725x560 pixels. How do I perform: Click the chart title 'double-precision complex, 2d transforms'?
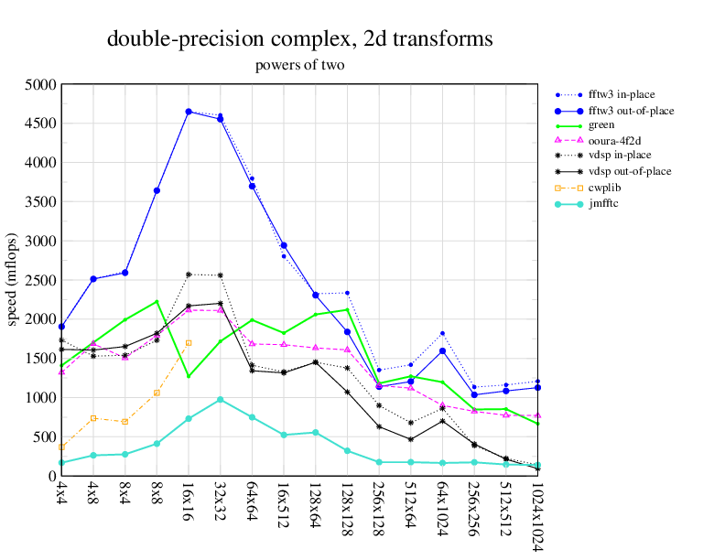299,39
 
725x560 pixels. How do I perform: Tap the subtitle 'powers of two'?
299,65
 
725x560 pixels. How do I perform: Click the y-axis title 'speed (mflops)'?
13,280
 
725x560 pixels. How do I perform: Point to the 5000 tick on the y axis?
41,84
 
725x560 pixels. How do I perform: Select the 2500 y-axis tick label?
41,280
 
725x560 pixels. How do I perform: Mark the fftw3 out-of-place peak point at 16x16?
189,112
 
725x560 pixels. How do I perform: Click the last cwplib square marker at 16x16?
189,343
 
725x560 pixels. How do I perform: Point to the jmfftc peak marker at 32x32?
220,400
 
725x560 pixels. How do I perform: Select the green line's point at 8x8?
157,301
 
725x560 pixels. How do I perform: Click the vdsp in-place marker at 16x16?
189,275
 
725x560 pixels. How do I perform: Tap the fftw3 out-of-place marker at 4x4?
61,327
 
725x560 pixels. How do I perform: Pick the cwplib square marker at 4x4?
61,447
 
